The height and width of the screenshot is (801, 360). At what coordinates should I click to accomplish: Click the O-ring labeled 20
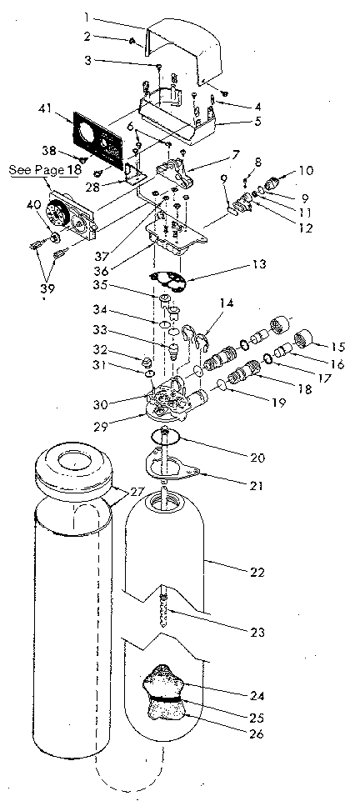(x=167, y=436)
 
